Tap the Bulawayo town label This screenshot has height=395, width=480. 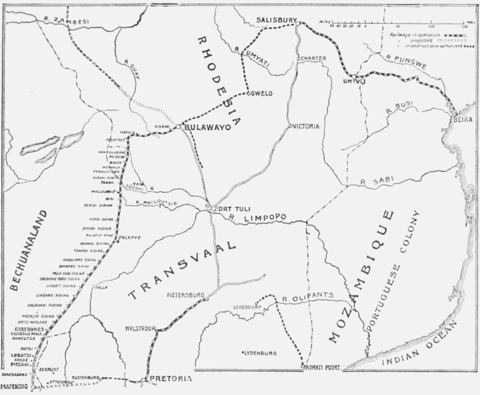207,127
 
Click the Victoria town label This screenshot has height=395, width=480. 307,126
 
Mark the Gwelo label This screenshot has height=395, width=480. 260,94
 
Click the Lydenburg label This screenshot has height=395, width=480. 259,353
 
